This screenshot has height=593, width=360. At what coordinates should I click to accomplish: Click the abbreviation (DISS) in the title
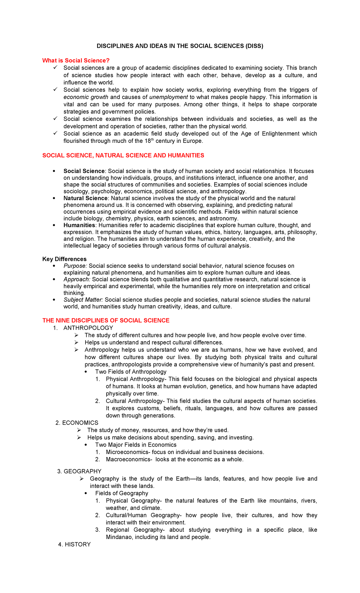(254, 46)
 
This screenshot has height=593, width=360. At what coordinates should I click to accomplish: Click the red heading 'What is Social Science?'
(76, 61)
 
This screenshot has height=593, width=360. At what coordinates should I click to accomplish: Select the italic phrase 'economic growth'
(86, 97)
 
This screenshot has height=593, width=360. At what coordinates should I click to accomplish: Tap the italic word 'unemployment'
(169, 97)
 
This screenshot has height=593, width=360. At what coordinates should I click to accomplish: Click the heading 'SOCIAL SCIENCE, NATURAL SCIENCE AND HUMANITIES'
(123, 155)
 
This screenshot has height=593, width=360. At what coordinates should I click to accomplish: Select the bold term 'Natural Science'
(85, 198)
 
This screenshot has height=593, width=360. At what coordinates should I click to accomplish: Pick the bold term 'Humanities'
(79, 225)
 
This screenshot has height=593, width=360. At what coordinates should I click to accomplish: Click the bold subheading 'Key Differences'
(64, 259)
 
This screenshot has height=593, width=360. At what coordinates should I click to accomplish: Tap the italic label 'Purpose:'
(75, 266)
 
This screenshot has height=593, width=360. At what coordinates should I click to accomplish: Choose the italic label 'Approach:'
(77, 279)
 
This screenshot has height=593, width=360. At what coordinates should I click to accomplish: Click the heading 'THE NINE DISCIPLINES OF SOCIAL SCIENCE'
(106, 321)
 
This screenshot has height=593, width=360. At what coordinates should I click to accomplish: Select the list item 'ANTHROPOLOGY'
(88, 328)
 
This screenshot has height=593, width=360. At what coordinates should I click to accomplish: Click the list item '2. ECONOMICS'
(77, 423)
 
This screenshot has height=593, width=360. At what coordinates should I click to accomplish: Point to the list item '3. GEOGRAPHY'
(79, 471)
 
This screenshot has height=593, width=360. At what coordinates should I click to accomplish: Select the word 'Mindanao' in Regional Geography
(119, 537)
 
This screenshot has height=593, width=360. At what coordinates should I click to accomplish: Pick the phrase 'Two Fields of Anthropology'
(131, 372)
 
